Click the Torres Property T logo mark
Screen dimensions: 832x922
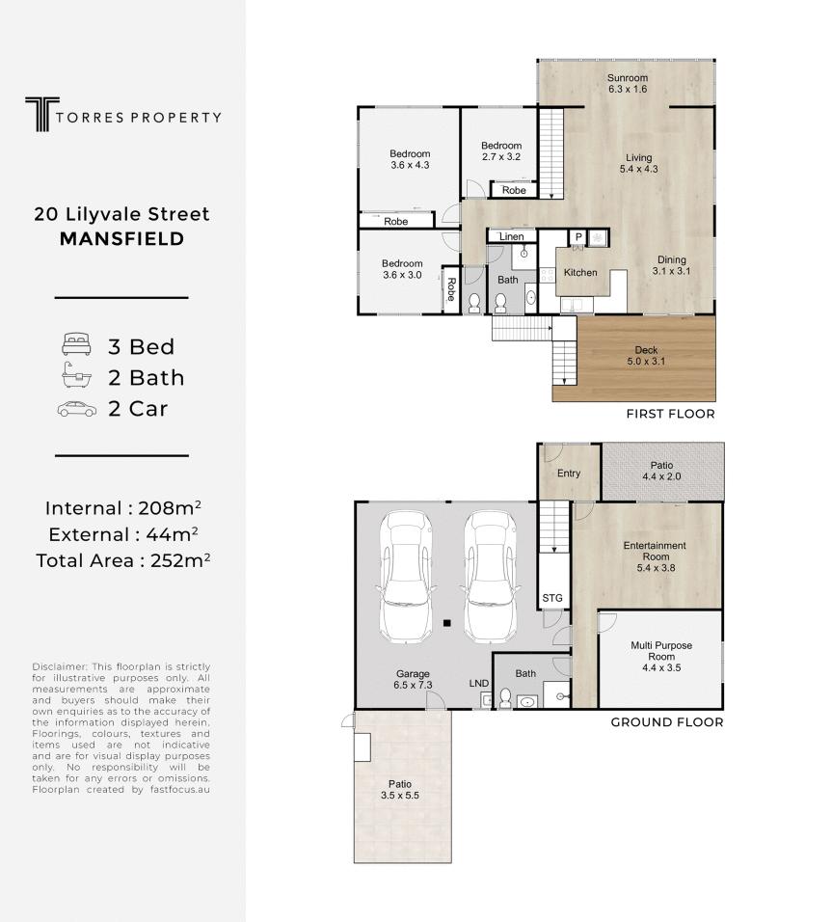(x=41, y=114)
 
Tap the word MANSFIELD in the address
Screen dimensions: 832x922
(x=121, y=239)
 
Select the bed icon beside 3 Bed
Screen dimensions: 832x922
(x=76, y=344)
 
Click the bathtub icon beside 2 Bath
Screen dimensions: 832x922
(x=76, y=375)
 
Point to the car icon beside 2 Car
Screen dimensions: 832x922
(x=77, y=409)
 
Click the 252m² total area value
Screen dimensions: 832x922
(x=180, y=560)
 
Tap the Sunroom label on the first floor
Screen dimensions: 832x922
(x=628, y=77)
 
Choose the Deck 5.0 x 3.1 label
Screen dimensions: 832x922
(x=646, y=356)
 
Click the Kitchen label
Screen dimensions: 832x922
(x=580, y=272)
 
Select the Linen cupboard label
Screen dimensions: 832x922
(x=512, y=236)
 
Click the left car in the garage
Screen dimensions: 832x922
(x=406, y=577)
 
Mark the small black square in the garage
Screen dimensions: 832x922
(x=447, y=623)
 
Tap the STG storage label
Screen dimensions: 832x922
(x=552, y=598)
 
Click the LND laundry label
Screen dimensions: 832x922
(x=478, y=683)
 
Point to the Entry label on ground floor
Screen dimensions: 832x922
(x=569, y=474)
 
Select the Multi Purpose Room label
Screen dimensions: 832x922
(x=661, y=651)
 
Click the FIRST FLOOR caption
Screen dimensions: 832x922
(x=670, y=414)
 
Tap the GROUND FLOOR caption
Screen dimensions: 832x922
(x=667, y=722)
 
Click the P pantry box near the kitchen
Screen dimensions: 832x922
(x=578, y=237)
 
